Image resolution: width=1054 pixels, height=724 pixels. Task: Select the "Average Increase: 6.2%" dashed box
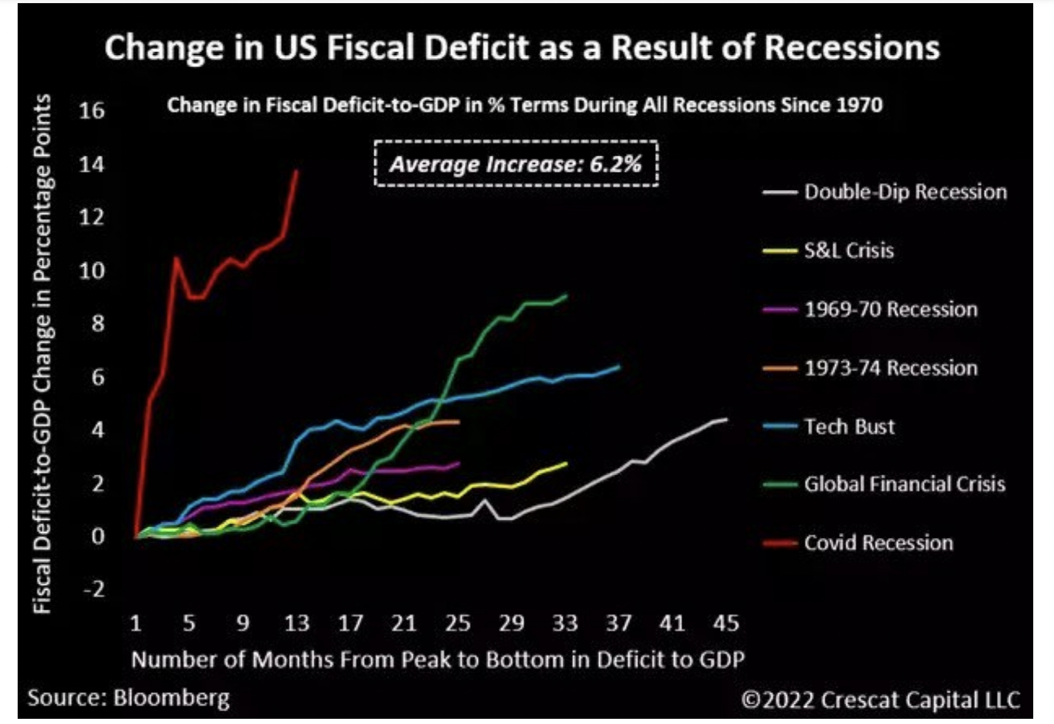click(516, 164)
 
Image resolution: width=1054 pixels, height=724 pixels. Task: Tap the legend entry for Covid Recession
click(878, 543)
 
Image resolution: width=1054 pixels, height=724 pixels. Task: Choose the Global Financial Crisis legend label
click(904, 484)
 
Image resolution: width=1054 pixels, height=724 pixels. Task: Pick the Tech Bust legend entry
click(849, 426)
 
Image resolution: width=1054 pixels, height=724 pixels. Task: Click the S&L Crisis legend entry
click(849, 250)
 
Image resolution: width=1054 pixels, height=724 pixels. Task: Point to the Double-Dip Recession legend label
click(905, 192)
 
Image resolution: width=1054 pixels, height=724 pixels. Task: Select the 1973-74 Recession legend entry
click(891, 368)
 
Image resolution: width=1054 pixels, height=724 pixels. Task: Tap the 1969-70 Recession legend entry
click(891, 309)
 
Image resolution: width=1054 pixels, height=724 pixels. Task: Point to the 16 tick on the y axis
click(92, 111)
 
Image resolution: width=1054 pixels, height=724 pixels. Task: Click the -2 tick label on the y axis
click(94, 589)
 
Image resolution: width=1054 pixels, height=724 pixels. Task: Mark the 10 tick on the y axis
click(92, 271)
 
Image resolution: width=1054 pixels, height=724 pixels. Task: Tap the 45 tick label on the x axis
click(726, 623)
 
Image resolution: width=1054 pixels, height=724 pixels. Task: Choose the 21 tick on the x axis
click(404, 623)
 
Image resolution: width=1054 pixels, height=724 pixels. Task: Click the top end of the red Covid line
click(297, 170)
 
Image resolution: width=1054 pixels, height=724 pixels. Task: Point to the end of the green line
click(566, 296)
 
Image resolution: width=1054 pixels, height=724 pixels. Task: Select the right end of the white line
click(726, 419)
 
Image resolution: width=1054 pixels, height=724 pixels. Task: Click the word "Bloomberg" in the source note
click(172, 699)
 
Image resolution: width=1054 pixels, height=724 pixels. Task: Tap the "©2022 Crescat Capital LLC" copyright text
click(880, 699)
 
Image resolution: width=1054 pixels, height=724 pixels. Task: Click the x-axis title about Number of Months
click(438, 660)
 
